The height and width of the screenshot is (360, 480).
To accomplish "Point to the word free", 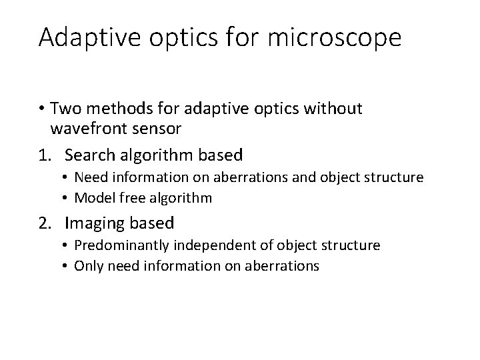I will (123, 198).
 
